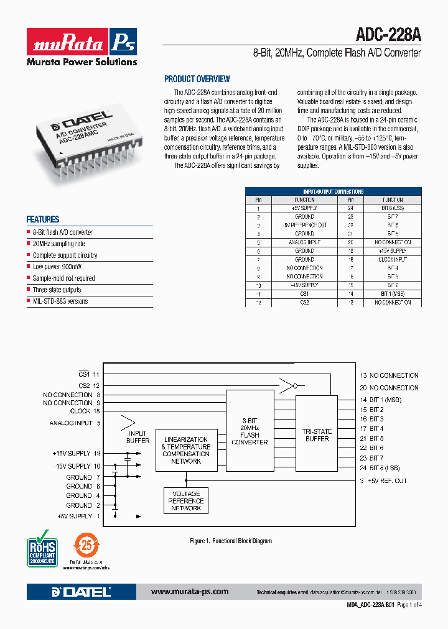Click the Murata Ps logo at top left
pyautogui.click(x=82, y=47)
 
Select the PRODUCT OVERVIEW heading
pyautogui.click(x=197, y=79)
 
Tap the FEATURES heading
pyautogui.click(x=43, y=219)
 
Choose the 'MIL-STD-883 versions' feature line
pyautogui.click(x=60, y=301)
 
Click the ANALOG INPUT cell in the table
pyautogui.click(x=304, y=242)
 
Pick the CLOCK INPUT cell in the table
pyautogui.click(x=393, y=259)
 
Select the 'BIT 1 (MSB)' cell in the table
pyautogui.click(x=393, y=293)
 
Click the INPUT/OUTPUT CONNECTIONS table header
pyautogui.click(x=334, y=191)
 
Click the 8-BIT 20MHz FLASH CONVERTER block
pyautogui.click(x=250, y=431)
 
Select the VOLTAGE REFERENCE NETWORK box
pyautogui.click(x=186, y=501)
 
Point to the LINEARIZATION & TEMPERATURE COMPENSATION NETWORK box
pyautogui.click(x=186, y=451)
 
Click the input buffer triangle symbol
pyautogui.click(x=128, y=423)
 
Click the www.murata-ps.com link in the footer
pyautogui.click(x=190, y=592)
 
